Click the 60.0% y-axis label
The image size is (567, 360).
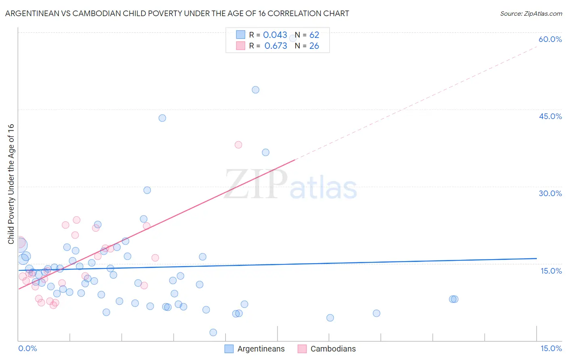[x=550, y=39]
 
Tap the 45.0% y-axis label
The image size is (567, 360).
[x=550, y=116]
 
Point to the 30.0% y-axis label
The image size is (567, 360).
[x=550, y=193]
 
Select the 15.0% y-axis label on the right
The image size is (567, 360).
[x=551, y=271]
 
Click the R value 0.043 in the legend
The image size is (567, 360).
[x=275, y=35]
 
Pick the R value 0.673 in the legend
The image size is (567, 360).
[x=275, y=46]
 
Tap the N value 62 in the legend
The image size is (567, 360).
[x=314, y=35]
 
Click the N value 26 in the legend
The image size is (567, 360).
[x=314, y=46]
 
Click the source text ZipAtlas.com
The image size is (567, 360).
[x=542, y=14]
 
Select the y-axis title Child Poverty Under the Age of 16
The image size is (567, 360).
[x=11, y=184]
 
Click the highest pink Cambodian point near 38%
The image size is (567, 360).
[x=238, y=145]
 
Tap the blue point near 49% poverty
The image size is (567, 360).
[x=255, y=90]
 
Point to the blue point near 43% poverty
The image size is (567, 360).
[x=162, y=118]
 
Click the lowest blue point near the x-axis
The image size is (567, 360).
[x=213, y=333]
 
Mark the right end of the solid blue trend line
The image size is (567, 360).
[x=536, y=258]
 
